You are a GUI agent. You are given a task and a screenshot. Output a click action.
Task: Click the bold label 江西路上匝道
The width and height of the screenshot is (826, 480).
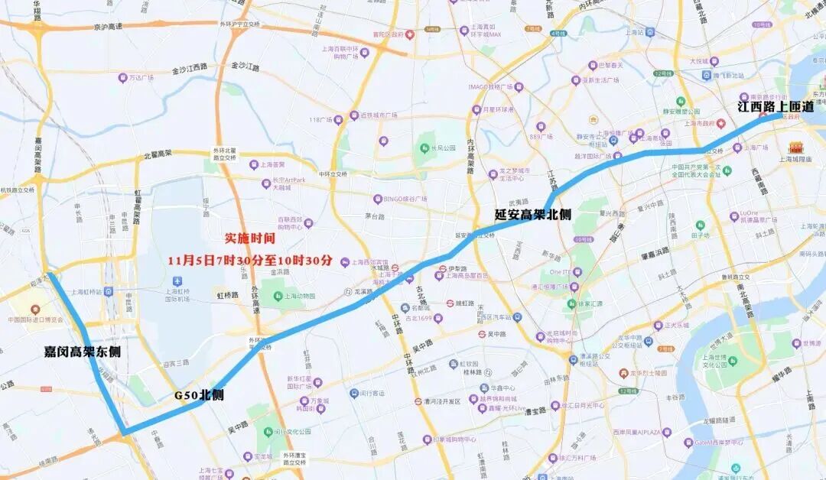(x=776, y=107)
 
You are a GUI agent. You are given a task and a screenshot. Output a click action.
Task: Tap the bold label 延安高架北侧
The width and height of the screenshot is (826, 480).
(x=532, y=215)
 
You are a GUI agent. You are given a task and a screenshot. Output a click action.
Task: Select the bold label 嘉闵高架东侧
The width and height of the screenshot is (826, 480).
(x=82, y=352)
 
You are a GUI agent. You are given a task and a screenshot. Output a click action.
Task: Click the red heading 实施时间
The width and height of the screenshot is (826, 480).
(x=249, y=238)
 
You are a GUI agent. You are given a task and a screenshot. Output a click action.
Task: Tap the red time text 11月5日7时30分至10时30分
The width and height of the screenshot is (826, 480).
(x=250, y=260)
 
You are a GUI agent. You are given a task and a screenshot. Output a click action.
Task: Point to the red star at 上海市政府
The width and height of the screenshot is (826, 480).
(x=720, y=122)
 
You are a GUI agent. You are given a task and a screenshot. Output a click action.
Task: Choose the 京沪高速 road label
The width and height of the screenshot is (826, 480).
(x=108, y=27)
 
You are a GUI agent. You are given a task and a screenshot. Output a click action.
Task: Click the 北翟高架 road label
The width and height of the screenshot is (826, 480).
(x=161, y=156)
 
